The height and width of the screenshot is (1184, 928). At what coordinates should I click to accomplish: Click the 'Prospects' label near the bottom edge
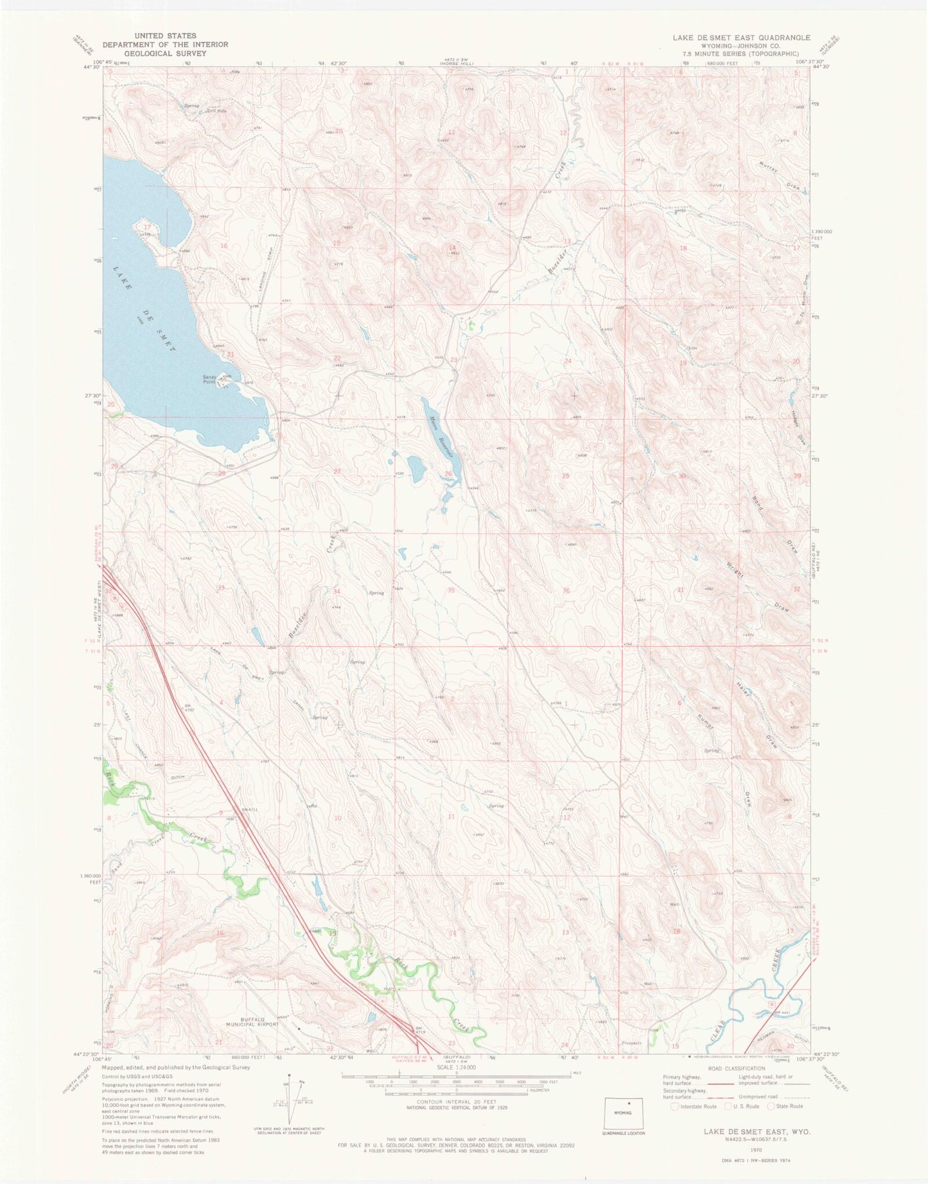click(633, 1043)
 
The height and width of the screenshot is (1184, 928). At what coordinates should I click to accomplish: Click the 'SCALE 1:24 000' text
click(456, 1066)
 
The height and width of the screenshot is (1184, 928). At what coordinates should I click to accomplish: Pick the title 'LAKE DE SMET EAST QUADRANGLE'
click(741, 38)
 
